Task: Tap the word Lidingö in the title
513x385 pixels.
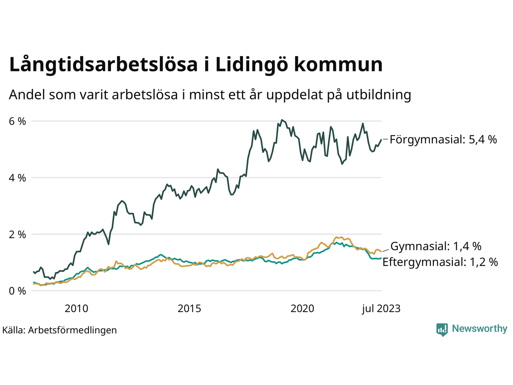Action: pos(251,65)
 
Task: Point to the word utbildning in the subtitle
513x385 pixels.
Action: pos(379,95)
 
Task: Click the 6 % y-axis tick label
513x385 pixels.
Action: pos(17,121)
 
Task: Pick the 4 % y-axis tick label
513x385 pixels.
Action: pos(17,178)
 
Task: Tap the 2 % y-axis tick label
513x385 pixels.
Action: pos(17,234)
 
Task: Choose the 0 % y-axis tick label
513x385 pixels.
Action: pos(17,291)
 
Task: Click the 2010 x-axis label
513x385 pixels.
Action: pos(76,308)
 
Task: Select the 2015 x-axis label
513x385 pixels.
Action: pos(189,308)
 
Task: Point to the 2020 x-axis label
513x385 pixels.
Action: pos(302,308)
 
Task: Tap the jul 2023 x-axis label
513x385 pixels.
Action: pos(381,308)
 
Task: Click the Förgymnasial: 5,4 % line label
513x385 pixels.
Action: pos(443,140)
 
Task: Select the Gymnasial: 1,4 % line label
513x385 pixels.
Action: pos(436,246)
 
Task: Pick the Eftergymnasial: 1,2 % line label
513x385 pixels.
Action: pos(440,262)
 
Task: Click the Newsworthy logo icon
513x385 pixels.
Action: pos(442,330)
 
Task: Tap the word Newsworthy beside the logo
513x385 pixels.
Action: pos(479,329)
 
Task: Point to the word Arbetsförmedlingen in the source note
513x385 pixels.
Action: pos(73,330)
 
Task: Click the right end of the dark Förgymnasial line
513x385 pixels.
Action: pos(381,139)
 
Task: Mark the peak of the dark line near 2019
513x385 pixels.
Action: pos(282,120)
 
